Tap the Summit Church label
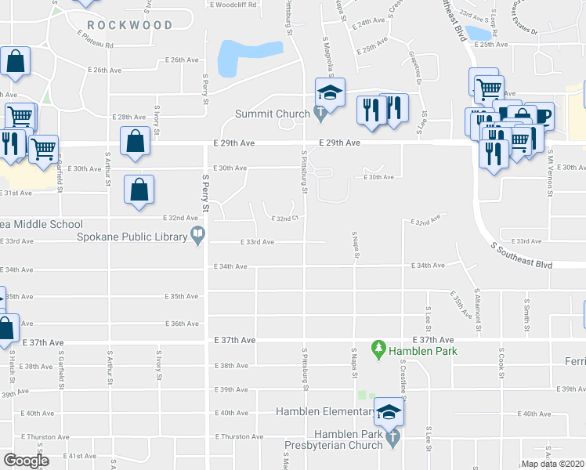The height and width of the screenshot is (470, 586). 273,114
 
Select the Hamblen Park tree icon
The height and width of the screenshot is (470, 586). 379,347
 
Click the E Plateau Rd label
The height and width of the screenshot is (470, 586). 96,45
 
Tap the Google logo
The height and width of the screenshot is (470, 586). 26,460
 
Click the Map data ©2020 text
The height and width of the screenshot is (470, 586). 552,464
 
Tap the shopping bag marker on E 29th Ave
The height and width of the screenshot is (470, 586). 136,142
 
